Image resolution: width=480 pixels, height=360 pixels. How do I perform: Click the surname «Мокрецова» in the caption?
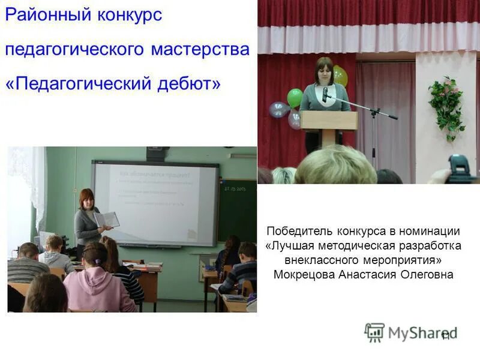click(305, 275)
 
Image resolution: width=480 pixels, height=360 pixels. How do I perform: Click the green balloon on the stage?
click(295, 97)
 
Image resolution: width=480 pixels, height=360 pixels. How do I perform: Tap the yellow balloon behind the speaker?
click(340, 76)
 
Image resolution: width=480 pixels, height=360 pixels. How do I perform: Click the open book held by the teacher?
click(107, 220)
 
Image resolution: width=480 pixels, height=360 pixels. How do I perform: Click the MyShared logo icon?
click(374, 332)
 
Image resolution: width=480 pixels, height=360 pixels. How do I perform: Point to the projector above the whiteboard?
click(157, 154)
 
